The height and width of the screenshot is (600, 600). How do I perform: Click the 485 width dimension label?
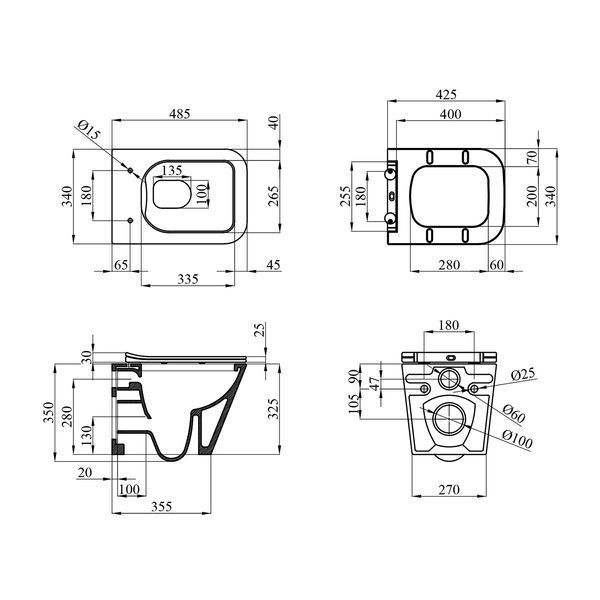179,114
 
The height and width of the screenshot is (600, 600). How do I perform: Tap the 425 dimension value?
446,94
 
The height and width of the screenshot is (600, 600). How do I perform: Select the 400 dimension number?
450,114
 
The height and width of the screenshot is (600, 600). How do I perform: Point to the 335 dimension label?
188,279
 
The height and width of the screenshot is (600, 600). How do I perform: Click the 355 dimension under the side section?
161,506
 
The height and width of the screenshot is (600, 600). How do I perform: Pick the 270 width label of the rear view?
449,489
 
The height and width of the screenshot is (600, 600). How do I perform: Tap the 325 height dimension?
273,409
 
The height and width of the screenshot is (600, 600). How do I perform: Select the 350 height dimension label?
49,412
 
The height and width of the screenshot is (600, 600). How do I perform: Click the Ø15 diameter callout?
88,130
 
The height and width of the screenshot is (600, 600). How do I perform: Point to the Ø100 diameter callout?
517,439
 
